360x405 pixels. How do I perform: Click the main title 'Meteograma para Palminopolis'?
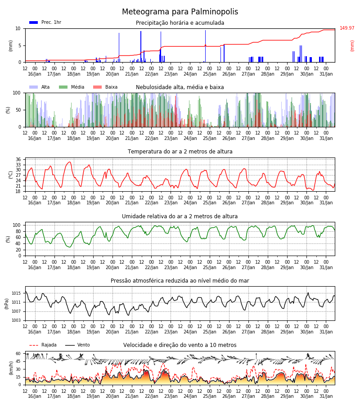pos(180,12)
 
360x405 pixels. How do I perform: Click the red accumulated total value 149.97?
pos(347,28)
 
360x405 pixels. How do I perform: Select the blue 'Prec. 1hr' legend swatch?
pos(34,22)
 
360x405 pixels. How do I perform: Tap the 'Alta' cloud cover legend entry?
pos(39,87)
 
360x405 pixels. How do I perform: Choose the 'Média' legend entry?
pos(72,87)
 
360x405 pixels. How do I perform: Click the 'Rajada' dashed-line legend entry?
pos(43,345)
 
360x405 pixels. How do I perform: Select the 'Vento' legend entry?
pos(77,345)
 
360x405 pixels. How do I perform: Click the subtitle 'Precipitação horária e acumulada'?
pos(180,23)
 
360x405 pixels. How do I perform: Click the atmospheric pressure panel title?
pos(180,280)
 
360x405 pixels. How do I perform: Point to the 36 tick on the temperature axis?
pos(18,159)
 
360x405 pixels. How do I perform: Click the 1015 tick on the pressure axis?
pos(16,293)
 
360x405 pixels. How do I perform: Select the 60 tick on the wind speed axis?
pos(18,353)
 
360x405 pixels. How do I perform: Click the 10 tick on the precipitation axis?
pos(18,28)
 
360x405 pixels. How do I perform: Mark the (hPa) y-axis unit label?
pos(6,304)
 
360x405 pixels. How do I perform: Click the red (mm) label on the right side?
pos(352,46)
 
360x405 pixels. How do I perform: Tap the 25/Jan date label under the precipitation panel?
pos(209,74)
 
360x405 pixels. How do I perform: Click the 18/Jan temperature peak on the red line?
pos(69,162)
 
